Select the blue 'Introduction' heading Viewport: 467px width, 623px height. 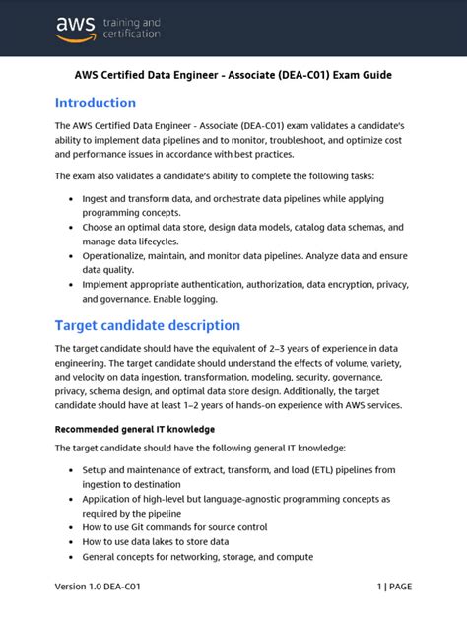96,103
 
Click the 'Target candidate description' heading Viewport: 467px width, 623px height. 147,325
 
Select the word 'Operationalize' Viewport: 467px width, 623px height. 120,255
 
